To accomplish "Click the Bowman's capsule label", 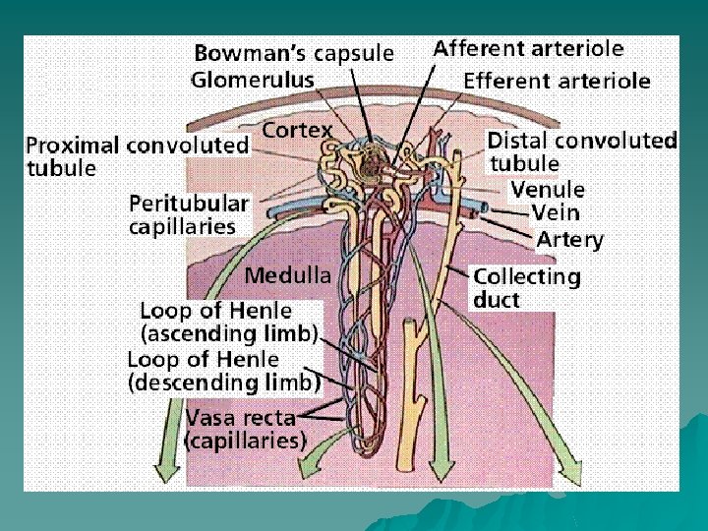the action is (293, 52).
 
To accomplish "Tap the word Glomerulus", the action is (253, 79).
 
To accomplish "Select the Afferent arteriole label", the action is (528, 48).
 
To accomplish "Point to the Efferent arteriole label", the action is (557, 81).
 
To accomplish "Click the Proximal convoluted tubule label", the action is (138, 156).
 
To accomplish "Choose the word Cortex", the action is (297, 130).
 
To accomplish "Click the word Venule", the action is (548, 189).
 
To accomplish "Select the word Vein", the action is (556, 212).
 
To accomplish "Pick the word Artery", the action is (570, 239).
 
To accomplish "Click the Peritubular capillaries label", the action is (189, 215).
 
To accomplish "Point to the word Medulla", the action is (288, 276).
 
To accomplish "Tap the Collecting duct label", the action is (527, 288).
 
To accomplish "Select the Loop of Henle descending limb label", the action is (223, 371).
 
